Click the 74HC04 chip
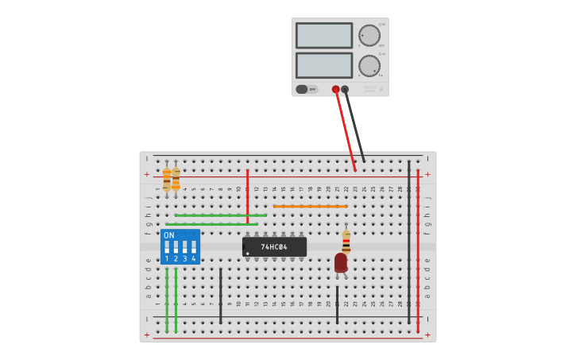[274, 247]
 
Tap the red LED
[341, 262]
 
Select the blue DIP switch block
[180, 246]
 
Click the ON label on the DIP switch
[169, 235]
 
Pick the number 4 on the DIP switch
[193, 259]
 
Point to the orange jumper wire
[310, 207]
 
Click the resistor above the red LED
[346, 241]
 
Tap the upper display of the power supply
[324, 35]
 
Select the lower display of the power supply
[324, 65]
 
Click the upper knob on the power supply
[369, 35]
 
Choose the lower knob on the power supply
[369, 65]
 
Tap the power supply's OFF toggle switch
[305, 89]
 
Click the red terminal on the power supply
[336, 89]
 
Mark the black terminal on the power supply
[345, 89]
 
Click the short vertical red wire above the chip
[248, 195]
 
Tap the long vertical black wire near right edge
[409, 238]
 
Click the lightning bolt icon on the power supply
[380, 89]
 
